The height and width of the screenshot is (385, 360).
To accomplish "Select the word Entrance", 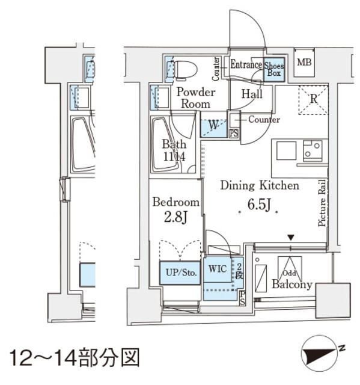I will point(245,65).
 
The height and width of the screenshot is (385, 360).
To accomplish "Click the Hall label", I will point(252,94).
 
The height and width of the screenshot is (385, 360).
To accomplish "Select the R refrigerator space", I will point(313,100).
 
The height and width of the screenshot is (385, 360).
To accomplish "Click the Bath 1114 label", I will point(174,150).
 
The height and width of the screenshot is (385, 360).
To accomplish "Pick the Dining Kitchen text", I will point(258,186).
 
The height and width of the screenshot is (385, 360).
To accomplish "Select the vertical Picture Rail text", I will point(322,203).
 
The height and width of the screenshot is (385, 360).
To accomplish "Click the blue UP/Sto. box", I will point(179,272).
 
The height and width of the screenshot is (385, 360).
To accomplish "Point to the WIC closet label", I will point(218,269).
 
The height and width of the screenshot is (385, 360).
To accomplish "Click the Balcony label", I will point(291,285).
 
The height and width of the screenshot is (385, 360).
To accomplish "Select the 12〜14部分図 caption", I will point(72,357).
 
